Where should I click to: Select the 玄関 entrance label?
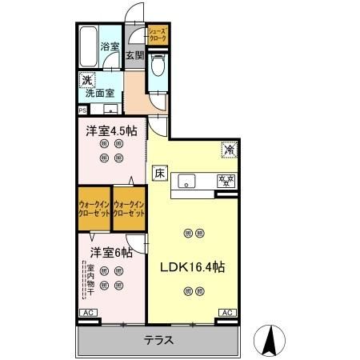134,56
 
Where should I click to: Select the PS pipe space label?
82,110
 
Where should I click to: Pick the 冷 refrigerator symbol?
227,150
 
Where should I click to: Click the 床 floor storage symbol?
159,171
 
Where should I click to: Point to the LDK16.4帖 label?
192,267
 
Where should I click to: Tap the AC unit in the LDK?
226,313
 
